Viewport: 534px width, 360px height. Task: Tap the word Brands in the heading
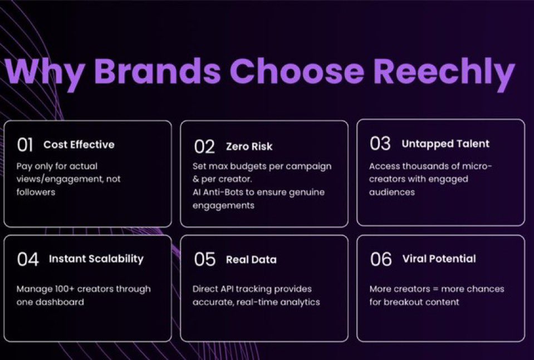pyautogui.click(x=158, y=72)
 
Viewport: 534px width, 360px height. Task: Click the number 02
pyautogui.click(x=204, y=147)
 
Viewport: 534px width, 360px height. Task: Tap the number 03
pyautogui.click(x=380, y=144)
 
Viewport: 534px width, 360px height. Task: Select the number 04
pyautogui.click(x=28, y=259)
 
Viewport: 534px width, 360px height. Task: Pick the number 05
pyautogui.click(x=204, y=260)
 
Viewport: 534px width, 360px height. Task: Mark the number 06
pyautogui.click(x=381, y=259)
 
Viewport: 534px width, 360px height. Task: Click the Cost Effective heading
pyautogui.click(x=79, y=145)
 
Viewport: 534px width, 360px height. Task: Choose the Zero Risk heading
pyautogui.click(x=249, y=147)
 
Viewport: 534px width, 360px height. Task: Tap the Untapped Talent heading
pyautogui.click(x=445, y=144)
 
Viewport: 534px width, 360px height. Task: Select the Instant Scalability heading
pyautogui.click(x=96, y=259)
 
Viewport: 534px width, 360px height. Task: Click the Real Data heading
pyautogui.click(x=251, y=260)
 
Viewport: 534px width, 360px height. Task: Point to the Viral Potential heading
pyautogui.click(x=439, y=259)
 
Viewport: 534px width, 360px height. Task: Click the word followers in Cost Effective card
pyautogui.click(x=37, y=192)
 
